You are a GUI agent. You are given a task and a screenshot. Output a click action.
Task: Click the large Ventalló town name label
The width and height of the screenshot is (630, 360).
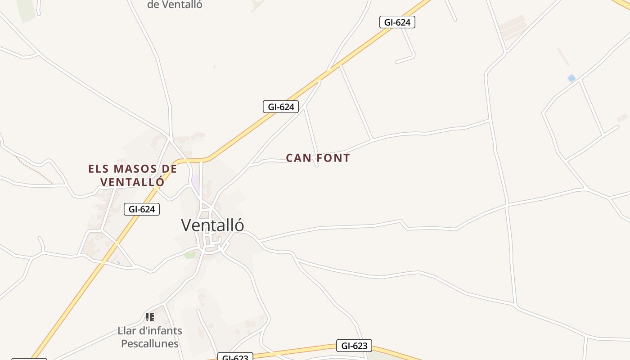coord(212,225)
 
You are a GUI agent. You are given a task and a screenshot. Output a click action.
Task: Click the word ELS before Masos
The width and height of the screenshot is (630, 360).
coord(99,169)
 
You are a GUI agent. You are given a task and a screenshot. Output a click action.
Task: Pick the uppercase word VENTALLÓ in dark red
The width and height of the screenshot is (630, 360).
coord(132,182)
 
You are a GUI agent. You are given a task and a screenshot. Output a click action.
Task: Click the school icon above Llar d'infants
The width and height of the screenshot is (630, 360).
coord(150,317)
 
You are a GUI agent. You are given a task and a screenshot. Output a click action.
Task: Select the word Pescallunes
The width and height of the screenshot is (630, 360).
coord(150,344)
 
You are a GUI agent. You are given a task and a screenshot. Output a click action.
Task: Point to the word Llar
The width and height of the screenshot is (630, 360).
coord(126,331)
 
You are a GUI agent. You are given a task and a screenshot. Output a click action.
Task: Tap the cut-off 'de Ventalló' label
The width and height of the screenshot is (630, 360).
coord(175,4)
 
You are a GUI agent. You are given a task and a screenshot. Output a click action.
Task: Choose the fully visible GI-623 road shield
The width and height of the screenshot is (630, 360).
coord(354,346)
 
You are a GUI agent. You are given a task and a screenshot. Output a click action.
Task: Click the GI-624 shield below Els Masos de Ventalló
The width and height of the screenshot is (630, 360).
coord(142,209)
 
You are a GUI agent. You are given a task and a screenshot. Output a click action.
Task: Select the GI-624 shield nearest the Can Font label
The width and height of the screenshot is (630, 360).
coord(281,107)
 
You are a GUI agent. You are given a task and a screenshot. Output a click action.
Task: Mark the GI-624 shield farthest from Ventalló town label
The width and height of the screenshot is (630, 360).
coord(397,22)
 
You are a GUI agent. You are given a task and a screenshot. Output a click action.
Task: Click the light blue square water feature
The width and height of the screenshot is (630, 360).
coord(571,78)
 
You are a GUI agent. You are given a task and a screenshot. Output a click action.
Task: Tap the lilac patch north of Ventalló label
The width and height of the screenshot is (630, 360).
coord(196,182)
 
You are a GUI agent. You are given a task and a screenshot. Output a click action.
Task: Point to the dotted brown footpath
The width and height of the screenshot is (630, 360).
coord(34,170)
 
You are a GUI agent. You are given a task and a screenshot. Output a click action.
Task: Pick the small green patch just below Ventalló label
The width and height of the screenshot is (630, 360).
coord(190,255)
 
